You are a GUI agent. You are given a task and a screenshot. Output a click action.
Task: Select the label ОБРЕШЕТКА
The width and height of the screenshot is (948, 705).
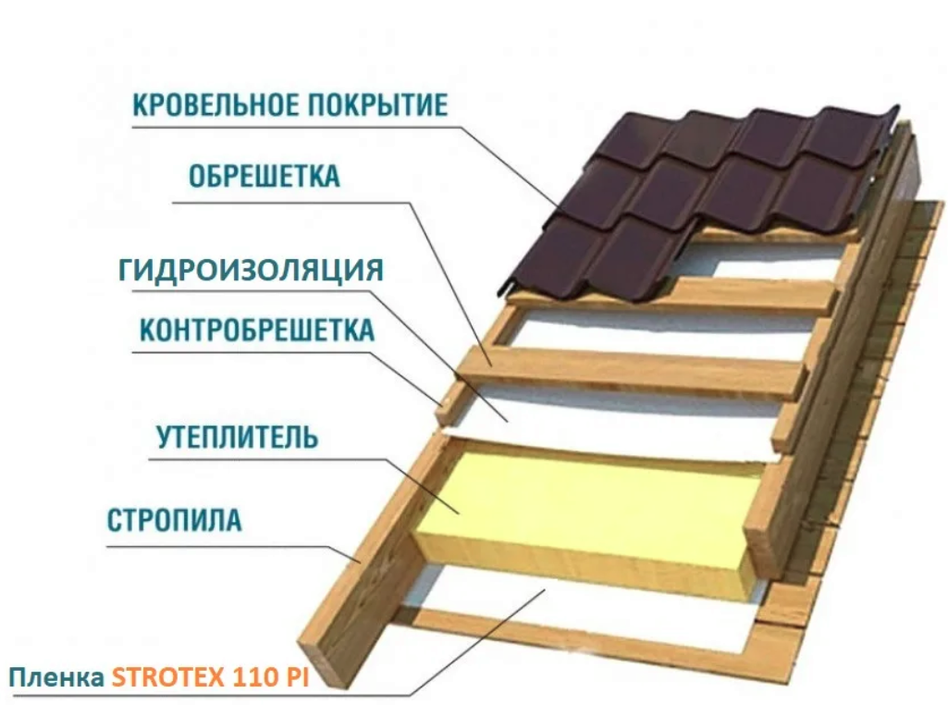[x=264, y=176]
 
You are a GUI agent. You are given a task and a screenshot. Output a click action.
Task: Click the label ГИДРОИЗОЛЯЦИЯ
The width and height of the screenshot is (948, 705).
[x=250, y=270]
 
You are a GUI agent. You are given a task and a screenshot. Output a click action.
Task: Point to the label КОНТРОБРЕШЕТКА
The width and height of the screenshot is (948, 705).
[x=257, y=330]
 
